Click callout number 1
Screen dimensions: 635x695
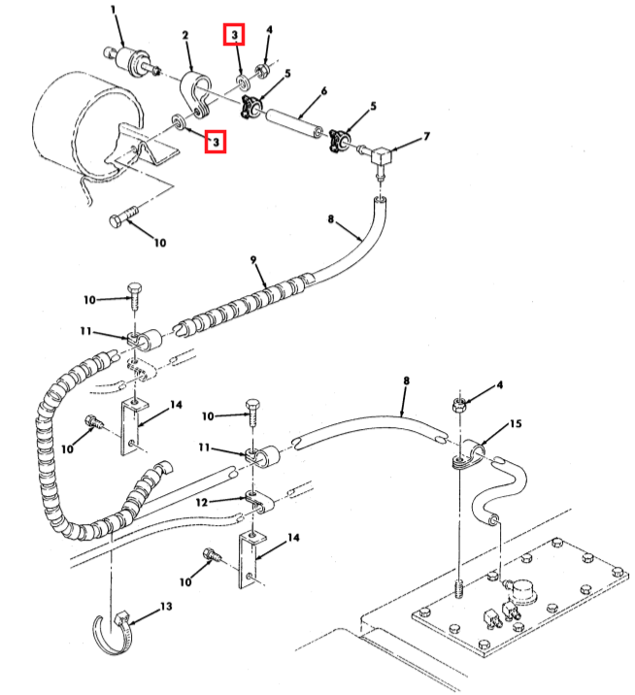114,9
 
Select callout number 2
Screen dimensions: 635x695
185,35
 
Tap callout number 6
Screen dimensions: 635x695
324,91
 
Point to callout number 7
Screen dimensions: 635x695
426,136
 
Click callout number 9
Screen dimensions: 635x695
253,259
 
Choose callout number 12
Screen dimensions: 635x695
202,502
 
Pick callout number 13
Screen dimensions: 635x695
166,606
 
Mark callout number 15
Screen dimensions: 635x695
516,424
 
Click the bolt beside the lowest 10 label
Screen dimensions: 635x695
211,555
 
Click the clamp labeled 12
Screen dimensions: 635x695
260,501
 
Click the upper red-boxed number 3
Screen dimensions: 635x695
234,34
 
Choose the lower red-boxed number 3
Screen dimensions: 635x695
216,142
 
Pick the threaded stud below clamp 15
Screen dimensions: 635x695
459,587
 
